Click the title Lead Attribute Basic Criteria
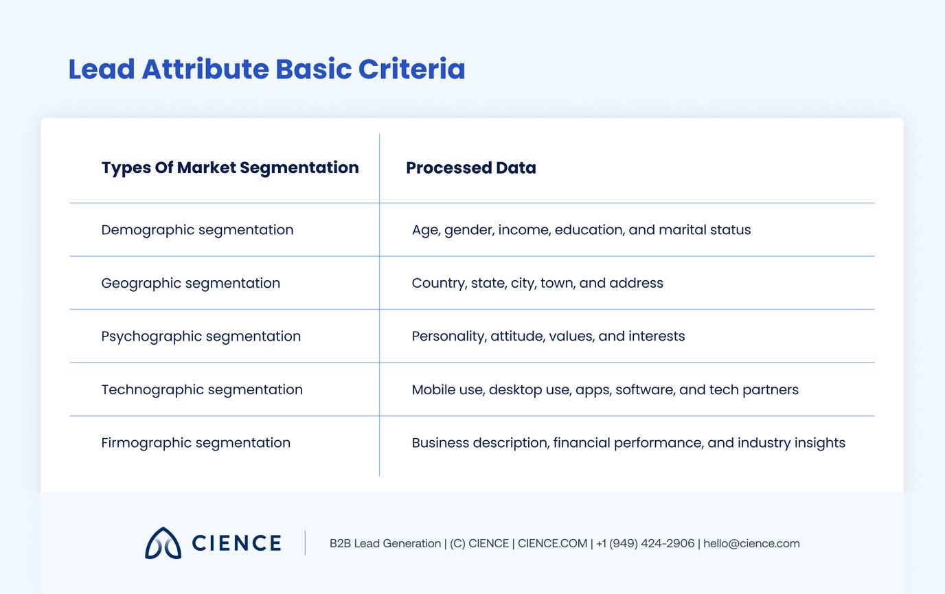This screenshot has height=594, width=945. (266, 70)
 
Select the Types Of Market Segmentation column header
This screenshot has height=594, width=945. (230, 168)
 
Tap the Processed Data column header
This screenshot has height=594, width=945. (470, 168)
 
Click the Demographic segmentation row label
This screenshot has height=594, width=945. (197, 230)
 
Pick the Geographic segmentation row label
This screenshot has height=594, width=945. (190, 283)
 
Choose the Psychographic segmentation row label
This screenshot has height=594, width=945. (201, 336)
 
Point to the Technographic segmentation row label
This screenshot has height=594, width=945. (202, 389)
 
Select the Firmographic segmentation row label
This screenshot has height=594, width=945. (196, 443)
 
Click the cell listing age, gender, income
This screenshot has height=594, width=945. (581, 230)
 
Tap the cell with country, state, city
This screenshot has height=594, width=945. (537, 283)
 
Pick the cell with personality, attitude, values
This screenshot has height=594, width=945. (548, 336)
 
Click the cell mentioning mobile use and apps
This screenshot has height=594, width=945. (605, 389)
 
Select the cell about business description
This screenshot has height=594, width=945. (628, 443)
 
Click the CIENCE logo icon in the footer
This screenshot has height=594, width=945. (163, 543)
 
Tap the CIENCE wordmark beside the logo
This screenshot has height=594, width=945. (236, 543)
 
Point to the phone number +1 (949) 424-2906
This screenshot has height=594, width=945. (645, 544)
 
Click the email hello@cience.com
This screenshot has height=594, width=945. (751, 544)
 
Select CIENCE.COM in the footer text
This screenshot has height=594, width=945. (552, 544)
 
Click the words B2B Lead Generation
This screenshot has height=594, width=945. (385, 544)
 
